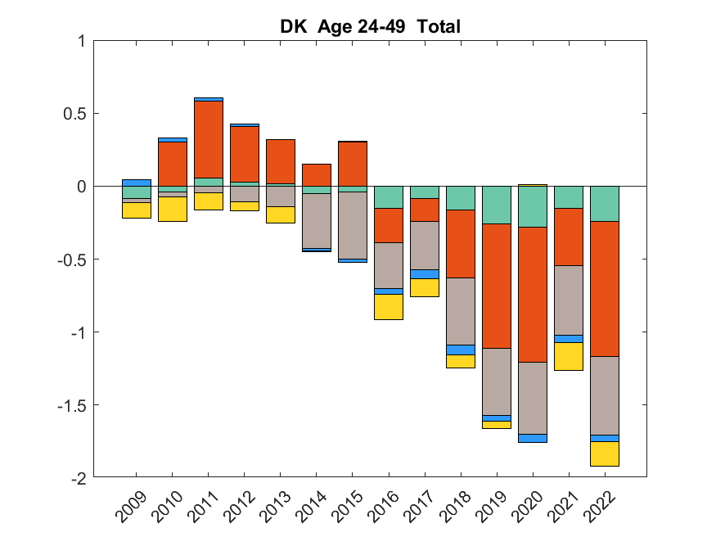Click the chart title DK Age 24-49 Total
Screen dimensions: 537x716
point(370,27)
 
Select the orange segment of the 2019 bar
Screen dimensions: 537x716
point(497,286)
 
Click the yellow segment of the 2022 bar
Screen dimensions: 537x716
point(605,454)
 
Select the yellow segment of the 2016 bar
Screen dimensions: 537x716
point(389,307)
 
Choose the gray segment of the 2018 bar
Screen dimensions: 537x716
point(461,311)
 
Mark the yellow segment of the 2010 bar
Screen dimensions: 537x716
point(173,210)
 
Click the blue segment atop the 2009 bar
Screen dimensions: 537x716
point(137,183)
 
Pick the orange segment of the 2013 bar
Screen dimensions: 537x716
point(281,161)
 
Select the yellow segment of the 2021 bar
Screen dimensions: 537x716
point(569,356)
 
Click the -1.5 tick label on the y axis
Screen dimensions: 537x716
point(72,405)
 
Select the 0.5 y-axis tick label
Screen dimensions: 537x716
point(75,113)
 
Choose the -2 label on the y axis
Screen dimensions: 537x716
point(79,477)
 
